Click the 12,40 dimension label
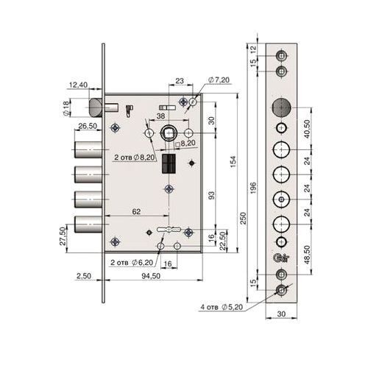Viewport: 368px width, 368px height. [x=78, y=85]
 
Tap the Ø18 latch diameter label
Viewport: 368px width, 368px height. [x=66, y=108]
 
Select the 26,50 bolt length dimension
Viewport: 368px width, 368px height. [x=88, y=126]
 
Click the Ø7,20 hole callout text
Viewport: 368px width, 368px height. [x=219, y=80]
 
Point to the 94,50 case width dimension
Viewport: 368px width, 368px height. [x=151, y=276]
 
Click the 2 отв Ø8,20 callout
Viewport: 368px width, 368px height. [x=135, y=158]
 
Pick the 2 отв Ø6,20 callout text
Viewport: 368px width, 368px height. [x=132, y=263]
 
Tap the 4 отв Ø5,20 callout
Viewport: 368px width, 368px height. [x=222, y=307]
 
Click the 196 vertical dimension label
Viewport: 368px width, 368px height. [x=254, y=188]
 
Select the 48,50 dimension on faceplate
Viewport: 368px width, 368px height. [x=307, y=255]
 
